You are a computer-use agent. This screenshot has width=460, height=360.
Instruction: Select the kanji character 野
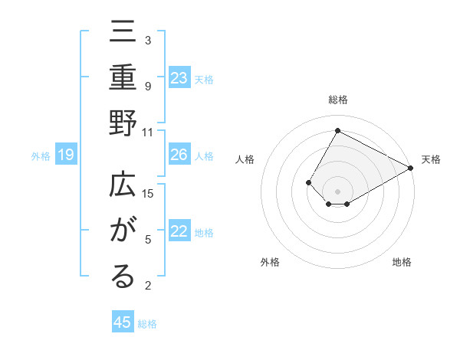point(123,124)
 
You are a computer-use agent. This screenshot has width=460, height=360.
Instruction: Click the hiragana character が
point(123,231)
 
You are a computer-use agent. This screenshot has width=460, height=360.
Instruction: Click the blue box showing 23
point(179,78)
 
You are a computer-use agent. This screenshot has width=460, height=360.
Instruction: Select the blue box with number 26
point(179,155)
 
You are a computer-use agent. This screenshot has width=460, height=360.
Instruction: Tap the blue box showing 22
point(179,232)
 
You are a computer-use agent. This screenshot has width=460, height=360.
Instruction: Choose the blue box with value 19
point(65,155)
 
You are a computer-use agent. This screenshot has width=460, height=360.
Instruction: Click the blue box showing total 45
point(123,322)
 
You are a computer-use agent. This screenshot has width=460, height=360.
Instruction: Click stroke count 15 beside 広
point(148,193)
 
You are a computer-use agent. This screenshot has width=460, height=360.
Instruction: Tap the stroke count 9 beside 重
point(148,86)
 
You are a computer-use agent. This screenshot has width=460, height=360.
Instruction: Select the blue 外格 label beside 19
point(41,156)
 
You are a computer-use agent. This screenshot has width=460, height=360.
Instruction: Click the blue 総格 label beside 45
point(147,324)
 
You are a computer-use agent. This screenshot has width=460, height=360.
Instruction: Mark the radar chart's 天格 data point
point(412,168)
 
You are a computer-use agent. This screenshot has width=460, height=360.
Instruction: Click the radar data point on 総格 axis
point(337,130)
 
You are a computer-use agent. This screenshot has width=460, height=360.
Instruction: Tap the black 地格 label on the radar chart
point(402,262)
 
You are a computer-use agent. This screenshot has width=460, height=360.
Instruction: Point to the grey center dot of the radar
point(337,191)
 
